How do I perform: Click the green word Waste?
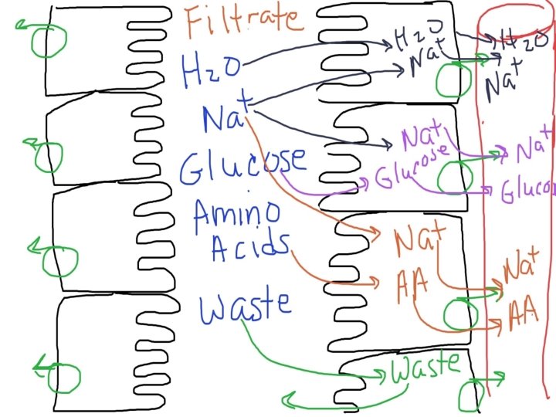coord(425,368)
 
